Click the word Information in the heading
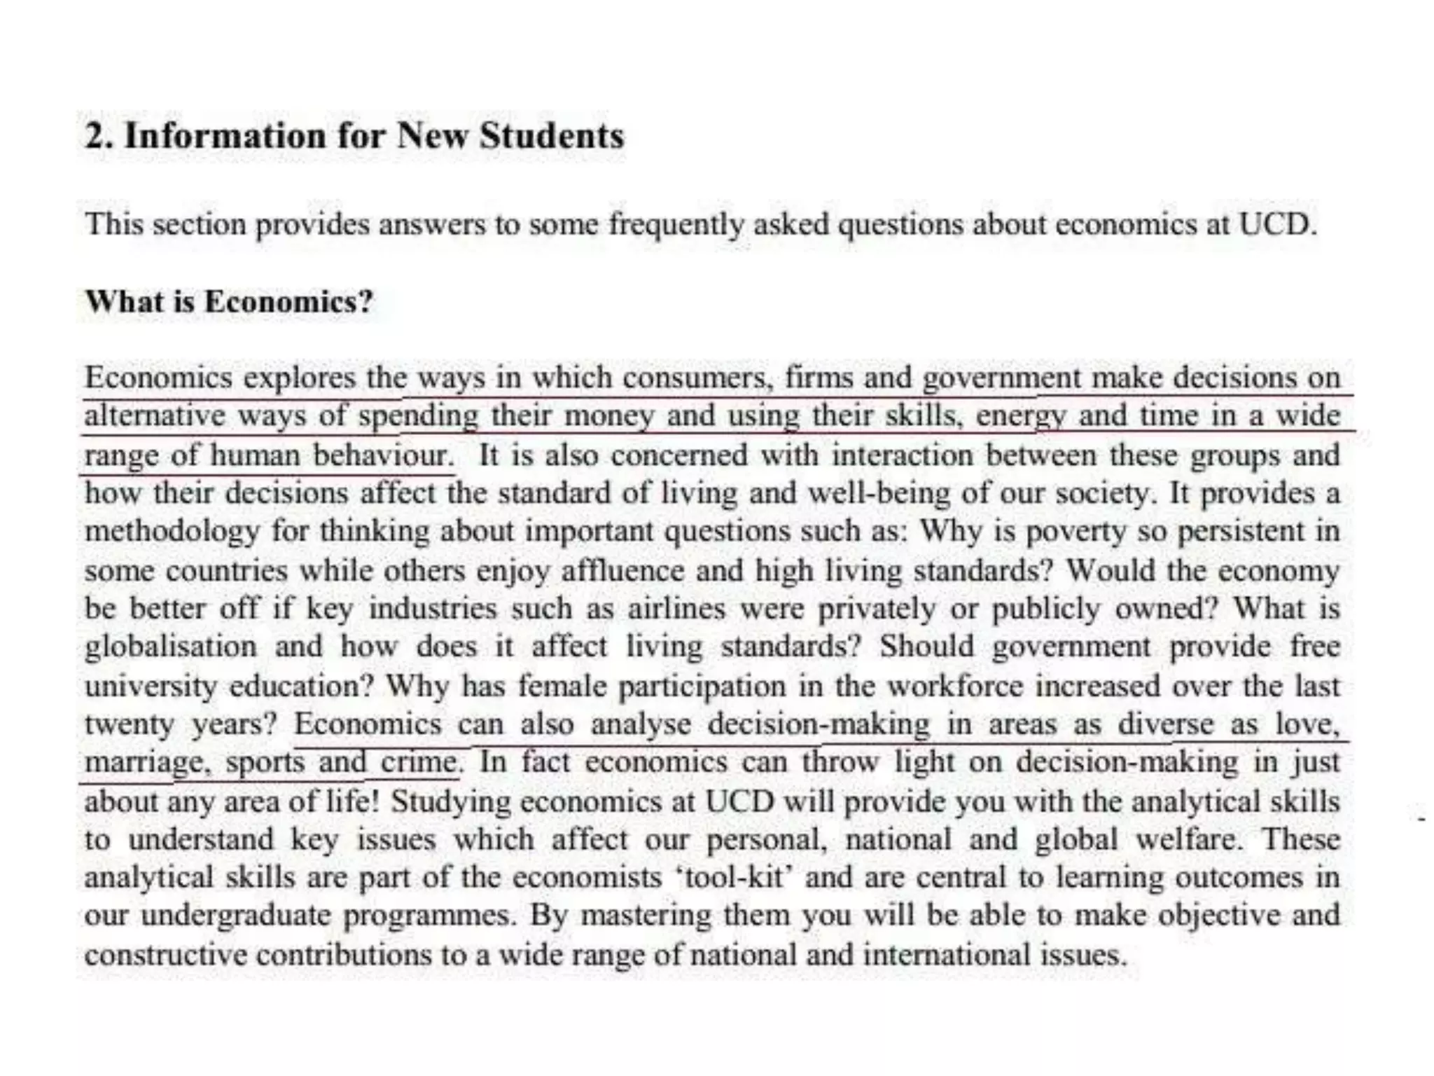(x=225, y=135)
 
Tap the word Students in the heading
(x=552, y=135)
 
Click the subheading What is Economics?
(x=229, y=302)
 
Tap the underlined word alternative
(x=153, y=416)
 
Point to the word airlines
(x=676, y=608)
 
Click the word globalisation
(x=171, y=646)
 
